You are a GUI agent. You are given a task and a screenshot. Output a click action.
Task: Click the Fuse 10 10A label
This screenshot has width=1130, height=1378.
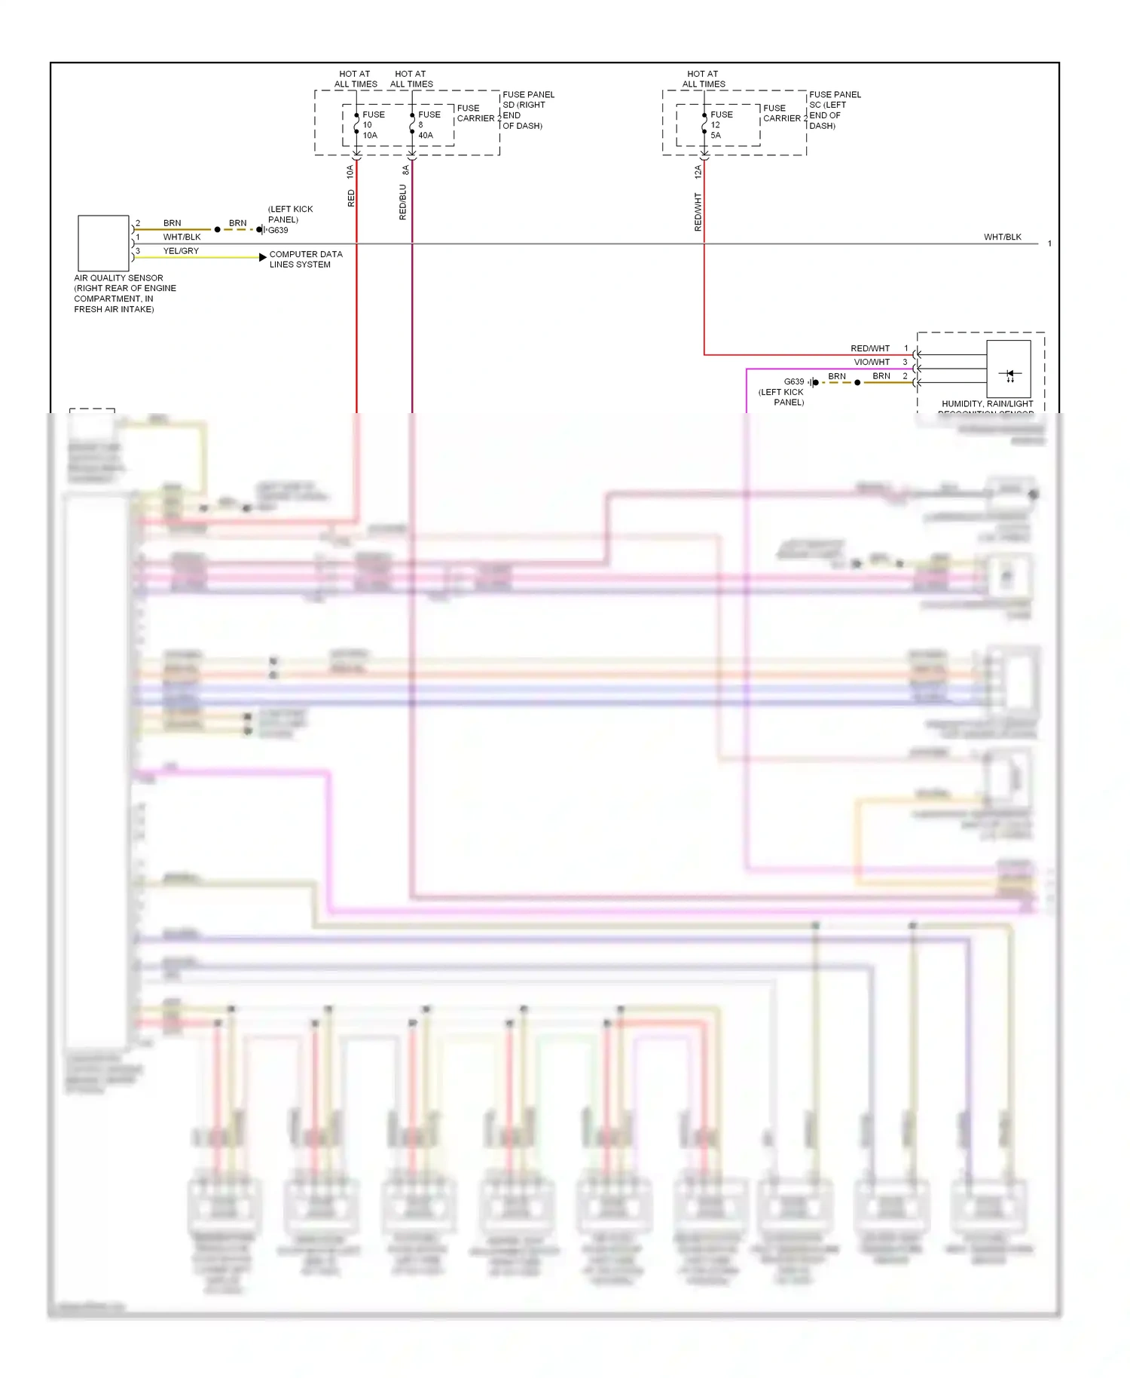[x=373, y=125]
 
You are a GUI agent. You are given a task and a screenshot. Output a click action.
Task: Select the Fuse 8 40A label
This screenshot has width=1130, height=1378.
[x=428, y=125]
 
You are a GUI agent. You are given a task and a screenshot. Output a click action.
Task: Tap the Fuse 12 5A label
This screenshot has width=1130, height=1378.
[x=720, y=125]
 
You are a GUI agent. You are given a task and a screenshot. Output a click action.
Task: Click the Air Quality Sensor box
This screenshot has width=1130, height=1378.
[x=103, y=243]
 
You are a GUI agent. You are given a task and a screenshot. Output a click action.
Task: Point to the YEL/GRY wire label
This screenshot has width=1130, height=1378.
[x=181, y=251]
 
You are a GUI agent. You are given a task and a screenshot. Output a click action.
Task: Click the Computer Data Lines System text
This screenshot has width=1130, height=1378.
[x=305, y=259]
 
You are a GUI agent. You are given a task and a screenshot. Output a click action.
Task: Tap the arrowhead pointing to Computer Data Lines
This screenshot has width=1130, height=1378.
[x=262, y=257]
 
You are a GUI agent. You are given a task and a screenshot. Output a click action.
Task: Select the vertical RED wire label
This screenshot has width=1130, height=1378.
[x=351, y=198]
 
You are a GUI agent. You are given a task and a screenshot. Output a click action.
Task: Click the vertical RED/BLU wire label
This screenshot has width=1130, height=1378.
[x=403, y=202]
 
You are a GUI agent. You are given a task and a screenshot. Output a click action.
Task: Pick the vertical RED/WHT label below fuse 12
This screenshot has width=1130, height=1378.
[x=698, y=211]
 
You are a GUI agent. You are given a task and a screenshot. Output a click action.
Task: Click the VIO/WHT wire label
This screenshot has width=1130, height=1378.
[x=872, y=363]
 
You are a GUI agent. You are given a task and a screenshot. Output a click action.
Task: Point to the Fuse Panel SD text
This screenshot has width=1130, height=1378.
[x=527, y=110]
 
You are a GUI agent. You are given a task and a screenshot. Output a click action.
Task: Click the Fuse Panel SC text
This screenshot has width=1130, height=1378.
[x=834, y=110]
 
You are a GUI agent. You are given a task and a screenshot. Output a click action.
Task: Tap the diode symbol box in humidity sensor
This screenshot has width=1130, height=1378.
[x=1009, y=369]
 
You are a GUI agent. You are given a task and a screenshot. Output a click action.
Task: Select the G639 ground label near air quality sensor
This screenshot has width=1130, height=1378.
[x=278, y=231]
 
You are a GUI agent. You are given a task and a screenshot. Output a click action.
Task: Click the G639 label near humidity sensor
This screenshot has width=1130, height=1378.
[x=794, y=381]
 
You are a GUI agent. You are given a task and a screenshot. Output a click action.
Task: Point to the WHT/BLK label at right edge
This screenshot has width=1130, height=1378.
[x=1002, y=237]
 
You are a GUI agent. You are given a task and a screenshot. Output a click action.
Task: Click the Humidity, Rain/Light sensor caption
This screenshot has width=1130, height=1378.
[x=987, y=405]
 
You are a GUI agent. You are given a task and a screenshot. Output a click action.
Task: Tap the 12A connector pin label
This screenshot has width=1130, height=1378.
[x=698, y=172]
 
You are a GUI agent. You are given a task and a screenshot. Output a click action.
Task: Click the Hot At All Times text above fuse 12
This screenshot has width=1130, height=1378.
[x=704, y=79]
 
